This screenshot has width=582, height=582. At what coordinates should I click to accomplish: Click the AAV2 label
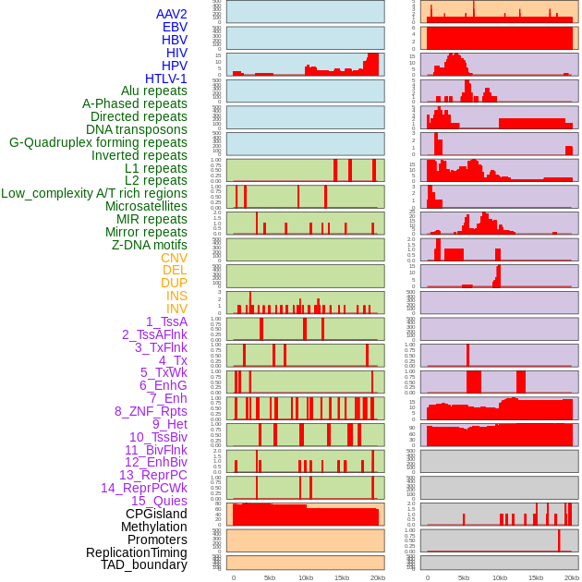click(171, 14)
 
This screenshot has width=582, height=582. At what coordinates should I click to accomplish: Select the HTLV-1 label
click(165, 79)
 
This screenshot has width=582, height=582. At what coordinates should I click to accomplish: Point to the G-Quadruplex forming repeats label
click(98, 142)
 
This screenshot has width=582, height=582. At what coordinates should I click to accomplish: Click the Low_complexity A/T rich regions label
click(93, 193)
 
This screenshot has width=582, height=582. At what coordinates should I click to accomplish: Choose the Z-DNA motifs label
click(149, 245)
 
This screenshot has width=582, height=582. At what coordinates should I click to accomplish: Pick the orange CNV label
click(174, 258)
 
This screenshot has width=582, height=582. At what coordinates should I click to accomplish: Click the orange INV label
click(176, 309)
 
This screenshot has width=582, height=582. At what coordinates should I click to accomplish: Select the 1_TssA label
click(166, 321)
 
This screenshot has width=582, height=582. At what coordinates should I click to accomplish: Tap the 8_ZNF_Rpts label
click(151, 411)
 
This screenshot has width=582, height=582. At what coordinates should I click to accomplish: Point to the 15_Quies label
click(159, 501)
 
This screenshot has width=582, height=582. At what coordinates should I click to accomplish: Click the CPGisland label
click(156, 514)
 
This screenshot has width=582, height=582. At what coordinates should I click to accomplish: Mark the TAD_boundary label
click(143, 564)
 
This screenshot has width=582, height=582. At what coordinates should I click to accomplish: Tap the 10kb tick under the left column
click(305, 577)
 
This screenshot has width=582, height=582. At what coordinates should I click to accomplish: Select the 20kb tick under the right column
click(571, 577)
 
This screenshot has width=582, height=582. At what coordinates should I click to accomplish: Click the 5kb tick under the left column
click(269, 577)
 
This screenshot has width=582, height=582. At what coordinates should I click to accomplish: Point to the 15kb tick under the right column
click(535, 577)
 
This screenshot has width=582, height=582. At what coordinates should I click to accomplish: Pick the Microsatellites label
click(146, 206)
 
